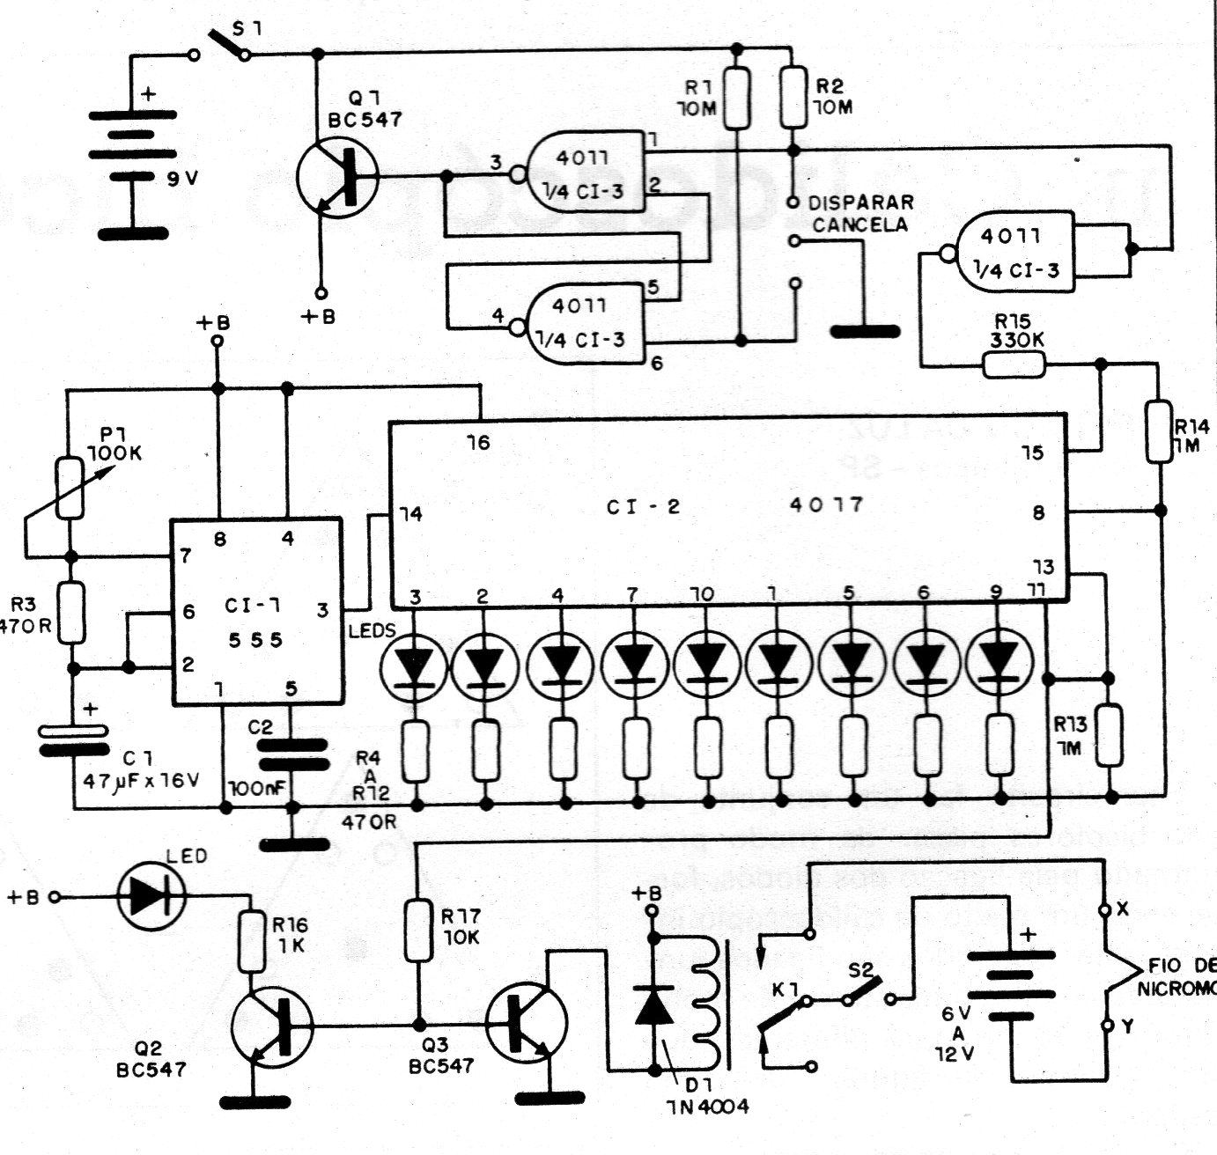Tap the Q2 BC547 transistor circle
pyautogui.click(x=272, y=1026)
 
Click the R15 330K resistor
pyautogui.click(x=1014, y=364)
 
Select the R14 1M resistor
pyautogui.click(x=1160, y=432)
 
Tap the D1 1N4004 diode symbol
pyautogui.click(x=654, y=1004)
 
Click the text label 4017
pyautogui.click(x=826, y=504)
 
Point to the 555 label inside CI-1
pyautogui.click(x=255, y=640)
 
